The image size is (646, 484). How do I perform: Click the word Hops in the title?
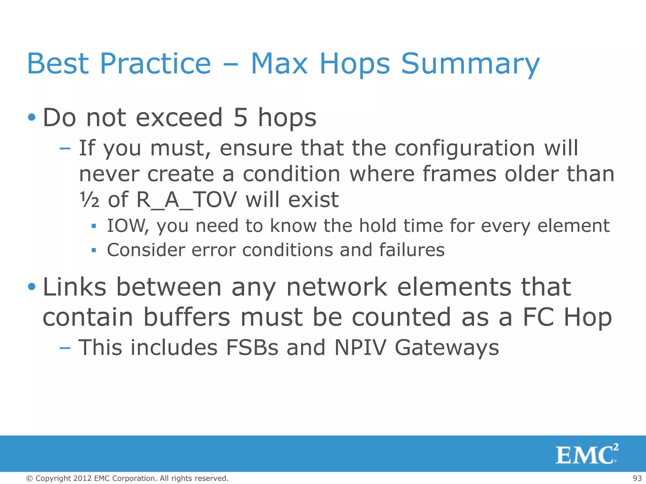[355, 64]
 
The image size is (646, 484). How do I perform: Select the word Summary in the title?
[470, 64]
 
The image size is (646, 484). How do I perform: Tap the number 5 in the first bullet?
[240, 118]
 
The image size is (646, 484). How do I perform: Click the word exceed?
[179, 118]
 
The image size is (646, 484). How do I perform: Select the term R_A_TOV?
[186, 200]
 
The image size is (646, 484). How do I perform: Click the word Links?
[74, 287]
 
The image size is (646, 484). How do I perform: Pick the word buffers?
[187, 317]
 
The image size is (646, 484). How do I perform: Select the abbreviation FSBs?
[252, 348]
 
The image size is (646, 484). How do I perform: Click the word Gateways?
[447, 348]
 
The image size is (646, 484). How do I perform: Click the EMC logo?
[586, 454]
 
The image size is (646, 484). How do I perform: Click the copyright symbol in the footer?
[29, 478]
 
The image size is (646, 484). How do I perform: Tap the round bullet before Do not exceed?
[32, 118]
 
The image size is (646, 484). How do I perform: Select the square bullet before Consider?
[93, 251]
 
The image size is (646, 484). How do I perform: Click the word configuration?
[465, 148]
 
